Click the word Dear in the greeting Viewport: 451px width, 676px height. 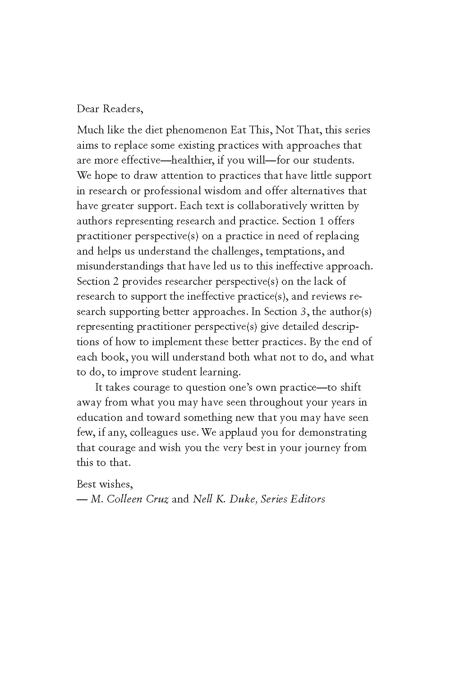pos(88,109)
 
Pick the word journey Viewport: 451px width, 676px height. pos(322,448)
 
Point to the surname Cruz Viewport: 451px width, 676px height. pos(157,499)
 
